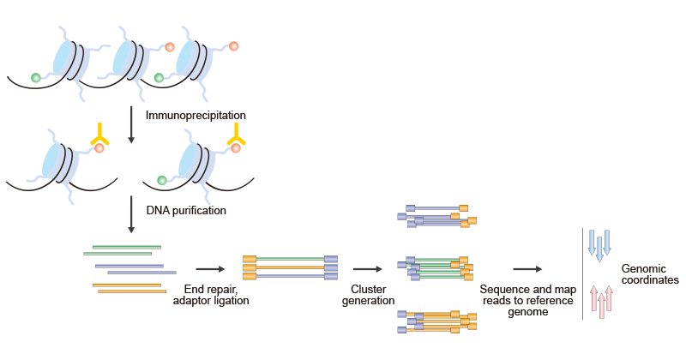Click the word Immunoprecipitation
tap(196, 115)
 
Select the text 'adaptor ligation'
tap(210, 300)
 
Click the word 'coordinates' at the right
tap(650, 280)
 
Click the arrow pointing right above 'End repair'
tap(209, 268)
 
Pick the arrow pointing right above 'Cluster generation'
tap(367, 268)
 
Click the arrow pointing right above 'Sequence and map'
tap(527, 268)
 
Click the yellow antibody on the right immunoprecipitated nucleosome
tap(236, 133)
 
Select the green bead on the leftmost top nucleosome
tap(36, 78)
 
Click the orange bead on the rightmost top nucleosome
tap(232, 45)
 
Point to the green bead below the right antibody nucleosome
tap(160, 179)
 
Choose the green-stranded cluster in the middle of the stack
tap(437, 268)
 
